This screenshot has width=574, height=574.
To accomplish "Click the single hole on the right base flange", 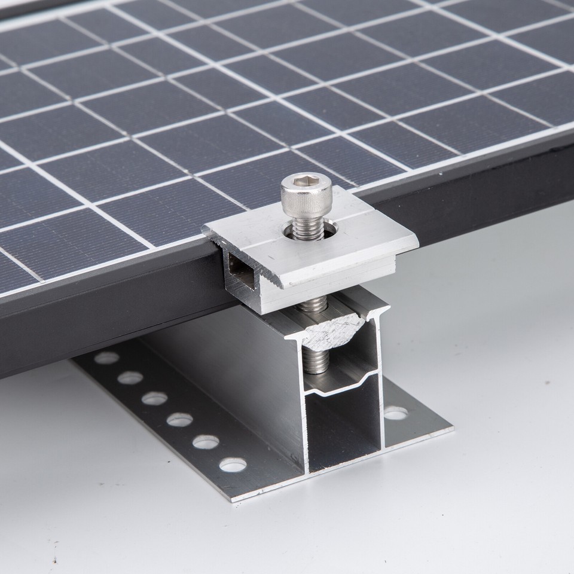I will pyautogui.click(x=395, y=413).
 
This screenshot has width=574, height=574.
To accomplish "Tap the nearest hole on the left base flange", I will pyautogui.click(x=233, y=464).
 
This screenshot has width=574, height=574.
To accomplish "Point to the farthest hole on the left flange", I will pyautogui.click(x=106, y=358).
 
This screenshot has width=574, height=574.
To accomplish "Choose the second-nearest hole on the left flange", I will pyautogui.click(x=206, y=442).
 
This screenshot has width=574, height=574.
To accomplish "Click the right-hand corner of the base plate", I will pyautogui.click(x=451, y=428).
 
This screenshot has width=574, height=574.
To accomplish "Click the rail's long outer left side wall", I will pyautogui.click(x=227, y=371).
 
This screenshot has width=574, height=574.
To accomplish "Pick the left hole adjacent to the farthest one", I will pyautogui.click(x=130, y=378).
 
